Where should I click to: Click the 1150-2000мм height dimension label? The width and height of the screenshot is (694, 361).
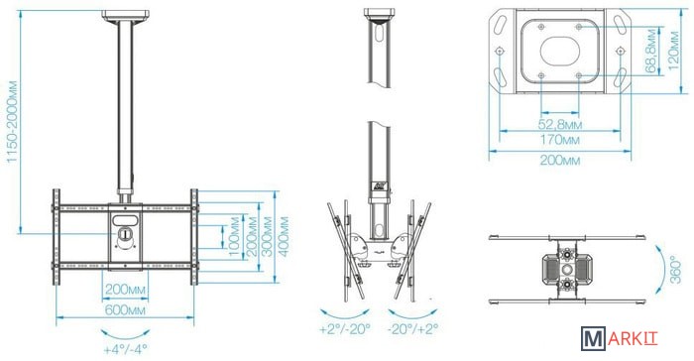pyautogui.click(x=12, y=121)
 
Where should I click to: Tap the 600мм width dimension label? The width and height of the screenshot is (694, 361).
pyautogui.click(x=125, y=309)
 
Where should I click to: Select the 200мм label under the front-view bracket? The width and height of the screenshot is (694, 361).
pyautogui.click(x=125, y=291)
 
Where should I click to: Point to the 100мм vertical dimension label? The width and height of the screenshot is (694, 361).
pyautogui.click(x=234, y=236)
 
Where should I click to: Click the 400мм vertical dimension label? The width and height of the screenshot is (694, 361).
pyautogui.click(x=283, y=236)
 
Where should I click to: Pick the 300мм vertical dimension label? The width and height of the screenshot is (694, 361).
pyautogui.click(x=267, y=236)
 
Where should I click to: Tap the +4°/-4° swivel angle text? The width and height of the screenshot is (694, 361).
pyautogui.click(x=125, y=349)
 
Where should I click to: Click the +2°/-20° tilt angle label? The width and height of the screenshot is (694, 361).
pyautogui.click(x=345, y=329)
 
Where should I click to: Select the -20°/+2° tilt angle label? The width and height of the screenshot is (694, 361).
pyautogui.click(x=412, y=329)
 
